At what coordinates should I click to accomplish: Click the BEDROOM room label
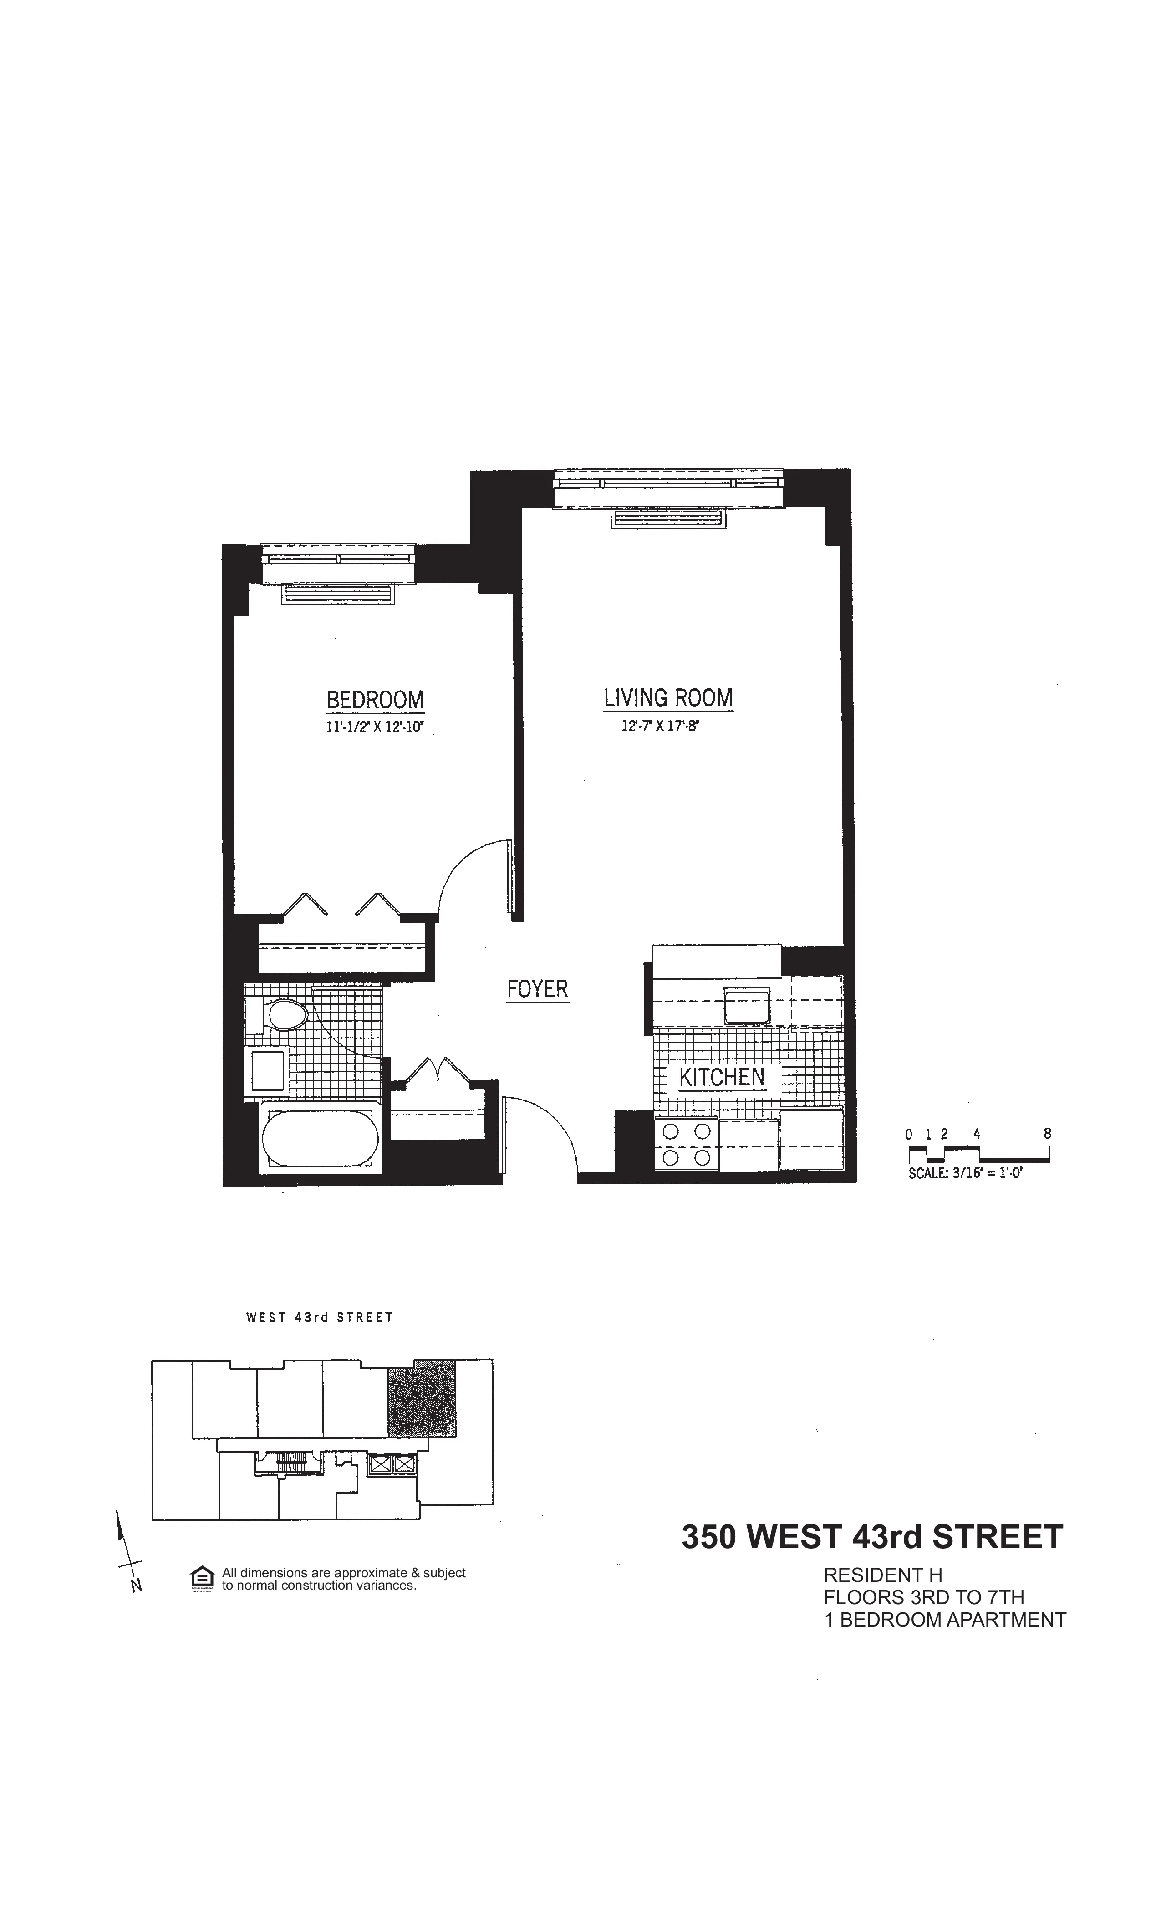pos(375,700)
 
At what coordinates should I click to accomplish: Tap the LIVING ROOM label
pos(668,697)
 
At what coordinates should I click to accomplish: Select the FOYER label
pos(537,989)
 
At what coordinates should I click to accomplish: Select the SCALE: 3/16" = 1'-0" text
pos(965,1174)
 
